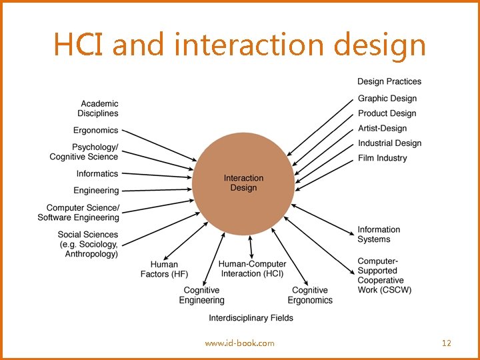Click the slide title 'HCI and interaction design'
(x=239, y=45)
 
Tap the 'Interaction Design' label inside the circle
(x=243, y=183)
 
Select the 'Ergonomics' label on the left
(x=95, y=130)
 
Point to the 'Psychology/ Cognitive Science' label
(x=85, y=152)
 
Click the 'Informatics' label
(x=97, y=173)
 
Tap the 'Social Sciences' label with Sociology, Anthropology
(x=87, y=244)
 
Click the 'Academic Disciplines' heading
(x=99, y=108)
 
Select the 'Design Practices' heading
(x=389, y=81)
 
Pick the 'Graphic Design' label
(x=387, y=99)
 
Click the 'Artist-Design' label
(x=382, y=128)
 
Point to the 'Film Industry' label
(x=382, y=158)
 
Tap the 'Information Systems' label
(x=379, y=234)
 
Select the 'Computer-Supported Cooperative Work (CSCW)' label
(x=384, y=275)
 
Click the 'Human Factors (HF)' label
(x=165, y=269)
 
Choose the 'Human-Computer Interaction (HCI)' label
(x=252, y=269)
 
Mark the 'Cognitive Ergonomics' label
(x=310, y=295)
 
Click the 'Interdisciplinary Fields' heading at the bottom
(x=251, y=318)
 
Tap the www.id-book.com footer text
(x=239, y=343)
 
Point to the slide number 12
(x=447, y=343)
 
